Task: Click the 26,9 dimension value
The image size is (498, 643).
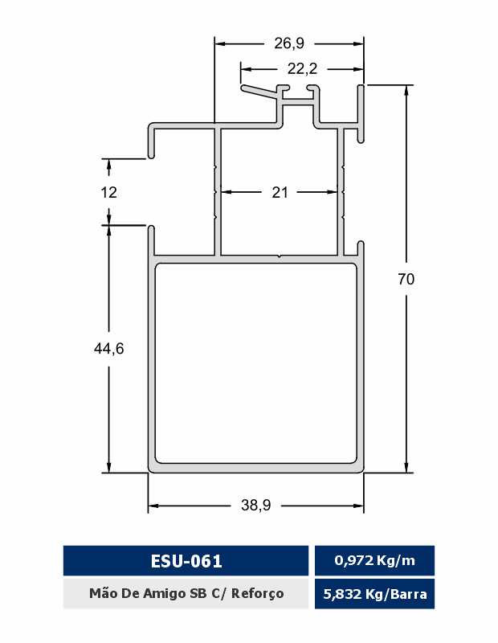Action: tap(289, 43)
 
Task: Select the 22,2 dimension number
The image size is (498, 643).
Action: tap(302, 68)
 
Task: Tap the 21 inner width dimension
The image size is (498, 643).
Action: tap(280, 192)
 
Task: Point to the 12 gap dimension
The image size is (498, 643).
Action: tap(109, 192)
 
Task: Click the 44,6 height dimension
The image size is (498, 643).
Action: tap(109, 349)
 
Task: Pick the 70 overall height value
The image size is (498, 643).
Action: tap(406, 279)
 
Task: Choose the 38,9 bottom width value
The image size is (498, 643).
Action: tap(256, 506)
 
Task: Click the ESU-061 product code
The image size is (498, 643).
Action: tap(186, 560)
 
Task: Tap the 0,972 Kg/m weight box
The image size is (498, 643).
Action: tap(374, 560)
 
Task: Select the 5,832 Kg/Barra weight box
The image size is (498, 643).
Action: tap(374, 594)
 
